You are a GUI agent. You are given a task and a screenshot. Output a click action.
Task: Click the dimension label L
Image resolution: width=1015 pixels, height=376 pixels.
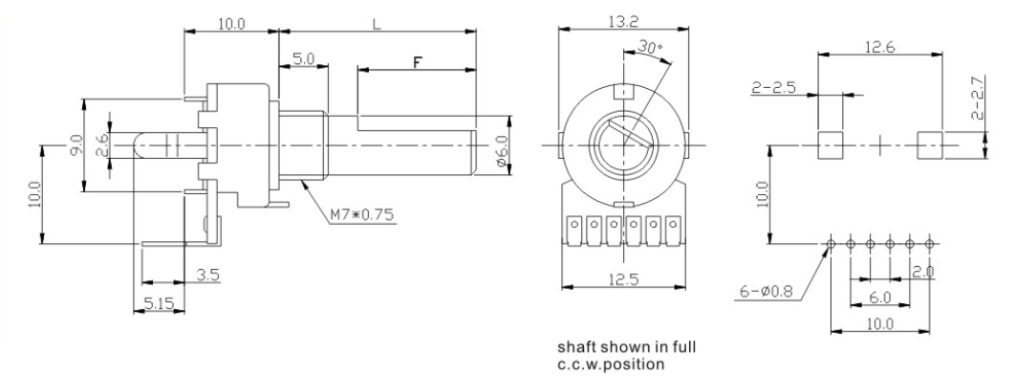(377, 24)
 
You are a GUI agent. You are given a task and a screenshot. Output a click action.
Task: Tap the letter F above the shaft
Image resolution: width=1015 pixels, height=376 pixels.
(418, 62)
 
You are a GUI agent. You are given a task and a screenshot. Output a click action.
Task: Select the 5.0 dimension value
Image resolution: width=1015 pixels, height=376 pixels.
(303, 59)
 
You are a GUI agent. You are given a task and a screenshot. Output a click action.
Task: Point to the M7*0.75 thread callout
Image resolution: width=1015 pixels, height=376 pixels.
(361, 215)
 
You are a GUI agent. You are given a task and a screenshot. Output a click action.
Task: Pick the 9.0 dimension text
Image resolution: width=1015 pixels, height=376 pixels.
(76, 145)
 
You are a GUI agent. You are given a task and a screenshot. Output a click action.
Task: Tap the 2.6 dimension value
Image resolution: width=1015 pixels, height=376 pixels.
(102, 145)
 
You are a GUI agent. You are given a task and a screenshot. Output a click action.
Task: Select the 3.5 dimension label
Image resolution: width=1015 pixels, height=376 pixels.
(208, 275)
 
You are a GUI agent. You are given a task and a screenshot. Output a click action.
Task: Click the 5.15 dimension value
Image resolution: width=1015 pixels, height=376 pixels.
(159, 302)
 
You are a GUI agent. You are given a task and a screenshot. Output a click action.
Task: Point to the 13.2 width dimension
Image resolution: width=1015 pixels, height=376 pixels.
(624, 21)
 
